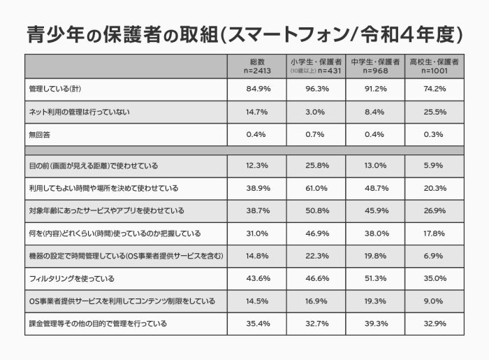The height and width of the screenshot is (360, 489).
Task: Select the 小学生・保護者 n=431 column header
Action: pyautogui.click(x=316, y=66)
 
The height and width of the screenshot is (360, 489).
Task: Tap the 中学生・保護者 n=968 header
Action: pyautogui.click(x=376, y=66)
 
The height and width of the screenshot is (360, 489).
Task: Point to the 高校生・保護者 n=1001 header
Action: pyautogui.click(x=434, y=66)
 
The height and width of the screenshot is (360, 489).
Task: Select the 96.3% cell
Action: pyautogui.click(x=316, y=89)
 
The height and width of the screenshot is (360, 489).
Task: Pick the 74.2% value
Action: pyautogui.click(x=434, y=89)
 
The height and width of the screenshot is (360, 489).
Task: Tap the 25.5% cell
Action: pyautogui.click(x=434, y=112)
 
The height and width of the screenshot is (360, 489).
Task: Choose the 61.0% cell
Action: pyautogui.click(x=316, y=189)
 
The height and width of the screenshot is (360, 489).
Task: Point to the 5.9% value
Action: pyautogui.click(x=434, y=166)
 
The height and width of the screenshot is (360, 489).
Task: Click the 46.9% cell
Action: pyautogui.click(x=316, y=233)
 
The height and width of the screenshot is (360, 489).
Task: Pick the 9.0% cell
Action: pyautogui.click(x=434, y=302)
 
